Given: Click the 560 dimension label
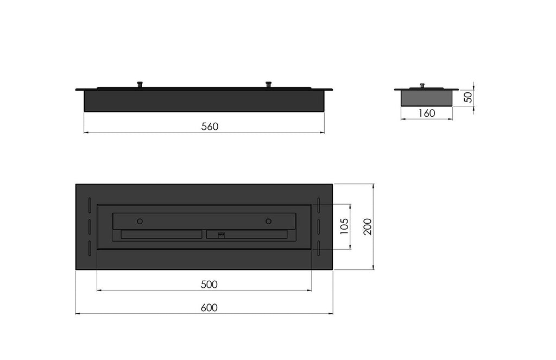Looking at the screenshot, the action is click(x=210, y=127).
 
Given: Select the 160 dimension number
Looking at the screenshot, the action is click(x=427, y=113).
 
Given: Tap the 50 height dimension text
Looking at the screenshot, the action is click(x=469, y=97).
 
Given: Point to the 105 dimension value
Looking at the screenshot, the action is click(x=344, y=226).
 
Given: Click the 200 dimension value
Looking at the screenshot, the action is click(x=368, y=226).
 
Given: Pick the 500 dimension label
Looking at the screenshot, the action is click(x=209, y=285).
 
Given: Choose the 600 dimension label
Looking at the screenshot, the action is click(x=209, y=308).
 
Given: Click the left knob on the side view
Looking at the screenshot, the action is click(x=141, y=84).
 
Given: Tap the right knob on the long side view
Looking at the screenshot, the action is click(x=268, y=84).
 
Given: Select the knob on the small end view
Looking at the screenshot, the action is click(x=422, y=86).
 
